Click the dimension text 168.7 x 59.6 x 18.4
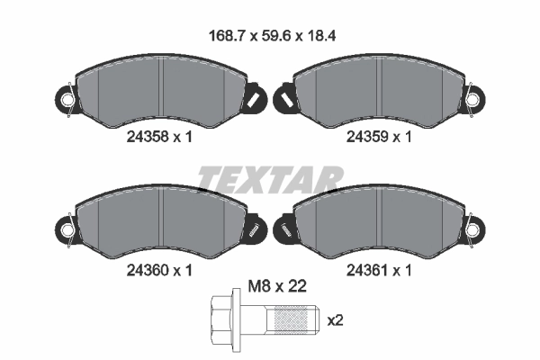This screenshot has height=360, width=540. point(272,35)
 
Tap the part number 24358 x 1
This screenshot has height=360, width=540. point(159,137)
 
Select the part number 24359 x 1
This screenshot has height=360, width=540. point(379,137)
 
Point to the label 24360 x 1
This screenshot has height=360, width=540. point(159,270)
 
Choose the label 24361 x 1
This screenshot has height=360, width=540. point(379,270)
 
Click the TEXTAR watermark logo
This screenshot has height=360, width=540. point(270,179)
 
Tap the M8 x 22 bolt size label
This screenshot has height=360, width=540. point(277,286)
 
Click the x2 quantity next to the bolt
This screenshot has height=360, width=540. point(335,320)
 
